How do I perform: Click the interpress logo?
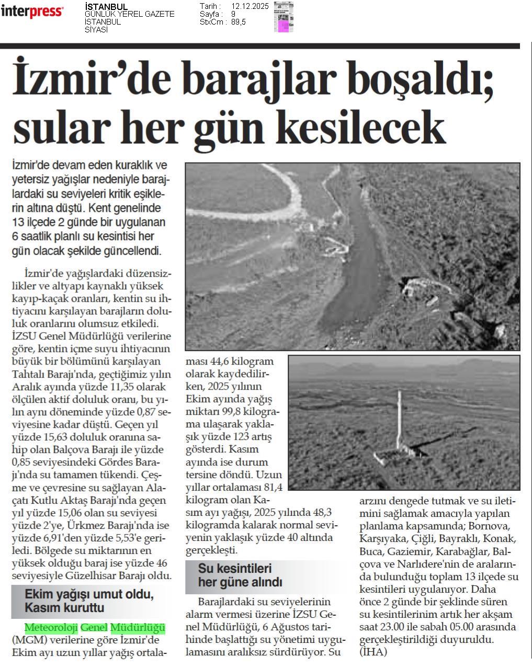pos(32,12)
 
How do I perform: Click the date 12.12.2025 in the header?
pos(249,6)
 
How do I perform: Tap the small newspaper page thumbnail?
pos(284,17)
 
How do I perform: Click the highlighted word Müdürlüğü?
pos(138,627)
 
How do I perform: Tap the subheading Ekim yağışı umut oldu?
pos(89,595)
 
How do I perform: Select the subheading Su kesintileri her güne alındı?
pos(240,575)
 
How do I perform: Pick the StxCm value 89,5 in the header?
pos(238,22)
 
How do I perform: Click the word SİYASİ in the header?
pos(96,30)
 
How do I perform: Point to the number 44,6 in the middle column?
pos(224,361)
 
